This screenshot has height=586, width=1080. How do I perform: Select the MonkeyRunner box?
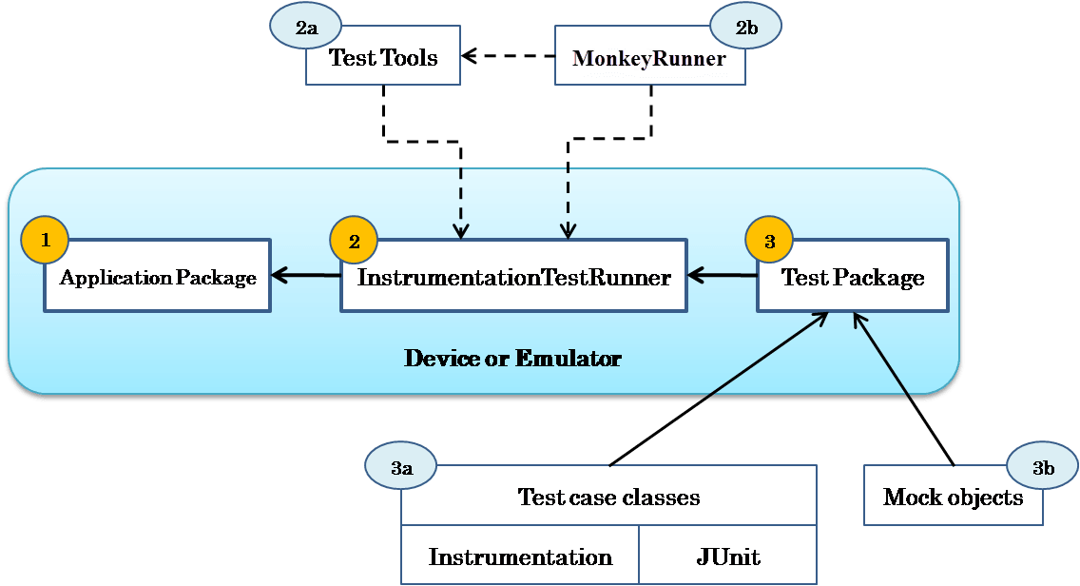pyautogui.click(x=650, y=58)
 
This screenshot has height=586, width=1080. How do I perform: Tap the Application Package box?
pyautogui.click(x=158, y=277)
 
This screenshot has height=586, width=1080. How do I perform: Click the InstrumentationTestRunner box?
pyautogui.click(x=513, y=277)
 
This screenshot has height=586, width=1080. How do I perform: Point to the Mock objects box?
pyautogui.click(x=953, y=497)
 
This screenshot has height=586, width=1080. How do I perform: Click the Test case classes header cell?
pyautogui.click(x=608, y=497)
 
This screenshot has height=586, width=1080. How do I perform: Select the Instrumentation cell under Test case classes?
pyautogui.click(x=520, y=557)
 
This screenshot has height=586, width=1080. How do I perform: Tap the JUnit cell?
pyautogui.click(x=727, y=557)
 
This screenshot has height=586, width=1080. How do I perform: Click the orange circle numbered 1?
pyautogui.click(x=45, y=240)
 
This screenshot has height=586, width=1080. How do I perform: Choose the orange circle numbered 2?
pyautogui.click(x=354, y=241)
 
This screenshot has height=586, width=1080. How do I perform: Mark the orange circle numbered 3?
pyautogui.click(x=769, y=241)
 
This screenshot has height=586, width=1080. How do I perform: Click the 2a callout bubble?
pyautogui.click(x=306, y=28)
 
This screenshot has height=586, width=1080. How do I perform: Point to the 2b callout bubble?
pyautogui.click(x=746, y=27)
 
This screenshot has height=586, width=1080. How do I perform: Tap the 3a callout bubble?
pyautogui.click(x=401, y=467)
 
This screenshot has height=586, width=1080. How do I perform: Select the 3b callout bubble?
pyautogui.click(x=1043, y=467)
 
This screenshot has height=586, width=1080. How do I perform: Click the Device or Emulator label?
pyautogui.click(x=512, y=359)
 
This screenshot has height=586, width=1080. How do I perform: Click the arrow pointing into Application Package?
pyautogui.click(x=305, y=276)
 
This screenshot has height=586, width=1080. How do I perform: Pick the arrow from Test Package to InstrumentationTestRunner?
pyautogui.click(x=722, y=276)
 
